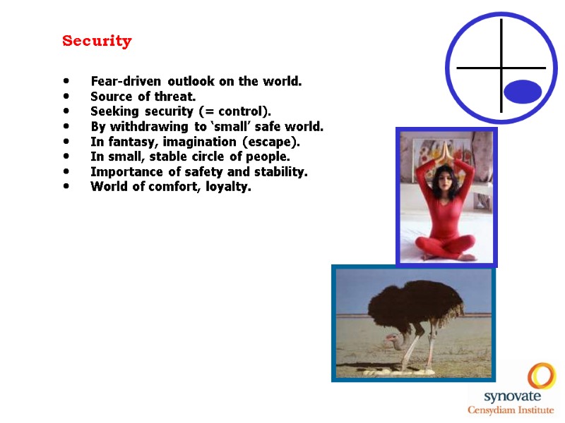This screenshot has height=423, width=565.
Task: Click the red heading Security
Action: tap(97, 41)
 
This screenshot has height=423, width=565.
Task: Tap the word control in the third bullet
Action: tap(244, 111)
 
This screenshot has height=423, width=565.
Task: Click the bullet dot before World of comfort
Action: tap(66, 187)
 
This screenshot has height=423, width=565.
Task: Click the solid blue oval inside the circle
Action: tap(523, 92)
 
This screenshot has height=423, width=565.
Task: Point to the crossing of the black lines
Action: tap(501, 68)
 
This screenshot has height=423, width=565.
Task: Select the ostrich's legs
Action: tap(416, 345)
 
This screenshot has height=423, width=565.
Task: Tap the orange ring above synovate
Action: tap(542, 376)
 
